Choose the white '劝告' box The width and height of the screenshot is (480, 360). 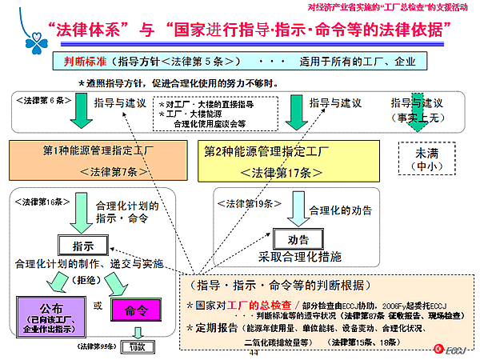(298, 238)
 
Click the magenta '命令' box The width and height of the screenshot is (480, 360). (135, 309)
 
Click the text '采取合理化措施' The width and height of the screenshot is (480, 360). (299, 257)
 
